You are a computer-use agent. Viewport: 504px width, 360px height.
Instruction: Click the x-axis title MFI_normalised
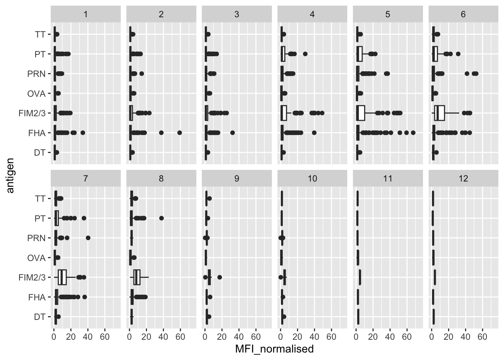coord(274,349)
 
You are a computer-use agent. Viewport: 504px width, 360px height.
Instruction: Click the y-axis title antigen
coord(10,175)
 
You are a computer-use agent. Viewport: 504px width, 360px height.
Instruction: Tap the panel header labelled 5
coord(388,14)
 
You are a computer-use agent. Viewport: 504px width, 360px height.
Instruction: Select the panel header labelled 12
coord(463,178)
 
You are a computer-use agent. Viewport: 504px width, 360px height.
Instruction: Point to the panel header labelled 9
coord(237,178)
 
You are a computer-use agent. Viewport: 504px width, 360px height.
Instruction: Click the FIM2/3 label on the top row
coord(32,113)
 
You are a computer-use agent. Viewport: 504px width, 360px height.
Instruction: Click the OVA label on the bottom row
coord(36,258)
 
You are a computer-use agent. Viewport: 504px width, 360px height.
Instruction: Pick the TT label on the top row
coord(40,34)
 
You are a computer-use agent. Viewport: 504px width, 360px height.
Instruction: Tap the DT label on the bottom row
coord(39,317)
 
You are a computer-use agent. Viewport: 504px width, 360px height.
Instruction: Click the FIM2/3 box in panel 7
coord(62,277)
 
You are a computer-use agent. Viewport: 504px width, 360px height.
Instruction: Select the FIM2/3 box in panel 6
coord(439,113)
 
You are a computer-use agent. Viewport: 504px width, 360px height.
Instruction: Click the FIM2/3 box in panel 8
coord(137,277)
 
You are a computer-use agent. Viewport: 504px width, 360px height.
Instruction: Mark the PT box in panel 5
coord(359,54)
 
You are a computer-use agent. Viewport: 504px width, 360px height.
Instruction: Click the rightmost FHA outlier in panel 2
coord(180,133)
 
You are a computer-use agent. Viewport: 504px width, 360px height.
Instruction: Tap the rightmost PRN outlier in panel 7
coord(88,238)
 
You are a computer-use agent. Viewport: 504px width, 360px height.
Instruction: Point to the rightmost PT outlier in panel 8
coord(162,218)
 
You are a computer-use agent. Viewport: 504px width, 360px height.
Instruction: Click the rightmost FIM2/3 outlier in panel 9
coord(220,277)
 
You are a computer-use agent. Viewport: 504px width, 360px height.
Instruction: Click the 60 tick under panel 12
coord(483,337)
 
